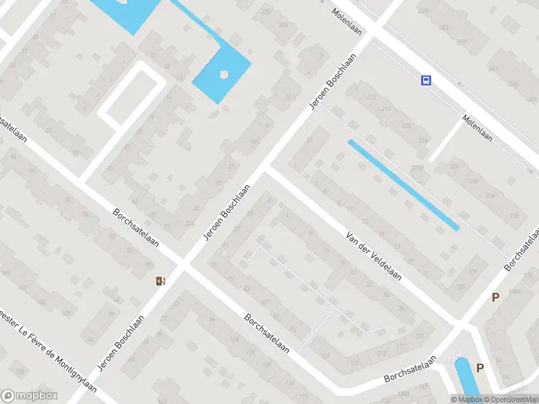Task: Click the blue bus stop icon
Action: (x=426, y=81)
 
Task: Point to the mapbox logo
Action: (x=30, y=396)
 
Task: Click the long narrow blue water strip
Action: (x=403, y=184)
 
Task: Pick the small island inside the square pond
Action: (x=224, y=73)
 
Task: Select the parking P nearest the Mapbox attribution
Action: (x=480, y=368)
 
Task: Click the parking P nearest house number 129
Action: (x=496, y=297)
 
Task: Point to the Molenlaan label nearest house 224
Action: (x=477, y=128)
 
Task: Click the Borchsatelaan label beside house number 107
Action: (x=410, y=370)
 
